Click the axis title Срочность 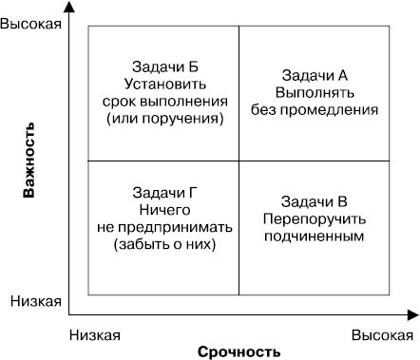239,351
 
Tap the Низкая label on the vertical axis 36,301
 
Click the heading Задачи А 315,74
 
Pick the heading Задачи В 315,200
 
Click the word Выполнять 315,92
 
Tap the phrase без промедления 315,109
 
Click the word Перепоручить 315,218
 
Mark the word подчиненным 315,236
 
